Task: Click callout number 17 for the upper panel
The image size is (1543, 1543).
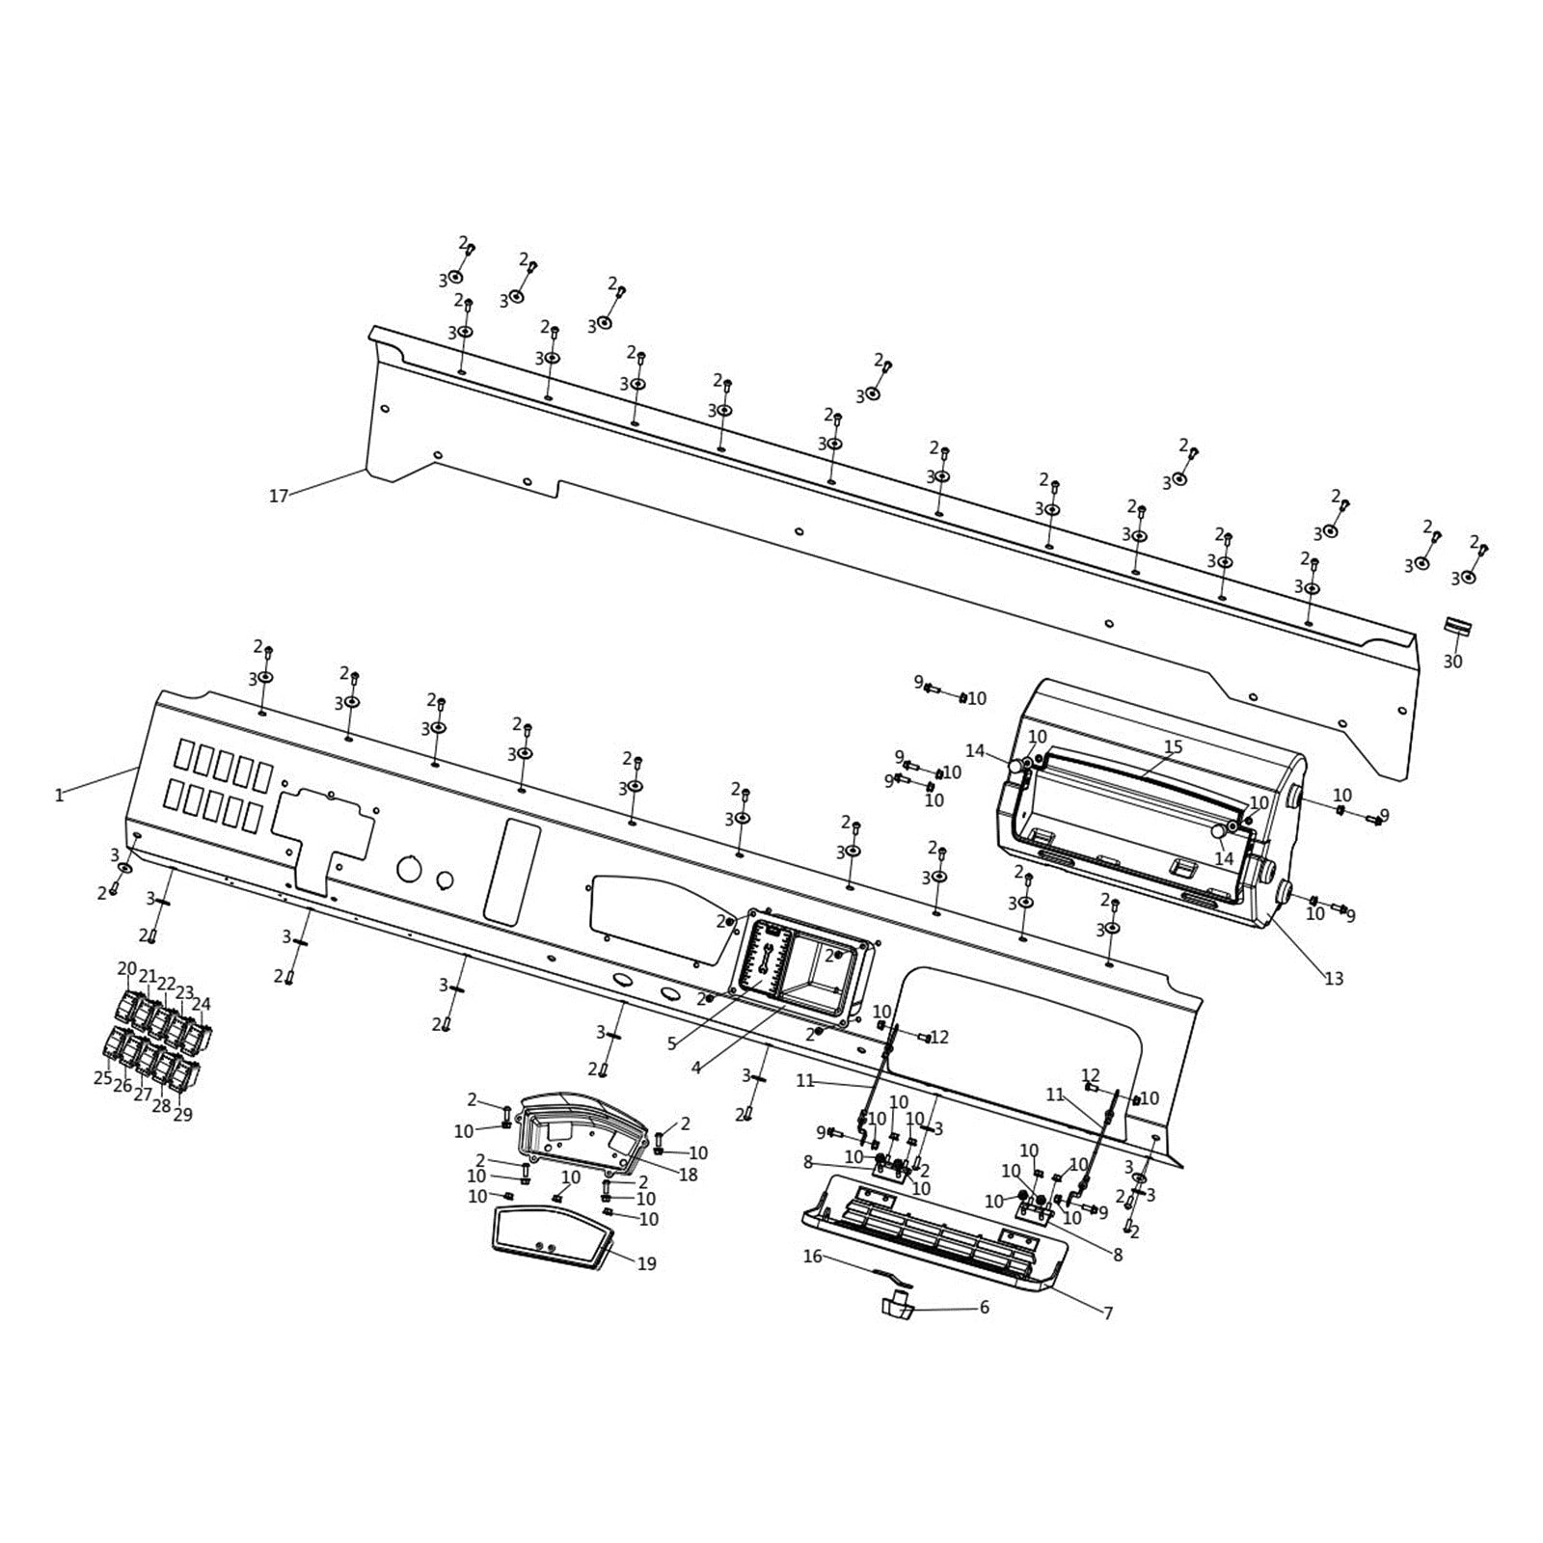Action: click(278, 497)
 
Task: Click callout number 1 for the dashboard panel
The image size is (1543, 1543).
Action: click(59, 796)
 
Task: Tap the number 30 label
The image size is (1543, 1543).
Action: click(1452, 662)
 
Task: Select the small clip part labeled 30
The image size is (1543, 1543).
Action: click(1457, 627)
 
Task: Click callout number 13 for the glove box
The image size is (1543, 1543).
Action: click(1334, 979)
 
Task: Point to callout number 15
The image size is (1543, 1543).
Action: click(1173, 747)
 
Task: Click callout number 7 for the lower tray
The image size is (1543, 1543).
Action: click(1108, 1313)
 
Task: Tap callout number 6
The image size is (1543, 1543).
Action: click(984, 1308)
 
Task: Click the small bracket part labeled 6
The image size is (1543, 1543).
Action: click(895, 1306)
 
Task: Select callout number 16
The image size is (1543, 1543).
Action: click(813, 1257)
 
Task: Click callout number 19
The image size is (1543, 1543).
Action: click(647, 1263)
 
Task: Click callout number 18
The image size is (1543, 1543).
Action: click(688, 1175)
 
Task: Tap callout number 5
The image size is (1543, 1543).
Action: click(671, 1043)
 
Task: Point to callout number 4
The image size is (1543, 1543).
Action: click(696, 1068)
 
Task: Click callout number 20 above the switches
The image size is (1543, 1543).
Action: click(126, 968)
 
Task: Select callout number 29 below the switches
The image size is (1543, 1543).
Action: click(182, 1114)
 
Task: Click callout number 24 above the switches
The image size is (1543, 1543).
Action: click(201, 1004)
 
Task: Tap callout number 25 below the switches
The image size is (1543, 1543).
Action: click(102, 1078)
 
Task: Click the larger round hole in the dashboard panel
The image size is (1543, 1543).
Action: click(409, 869)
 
